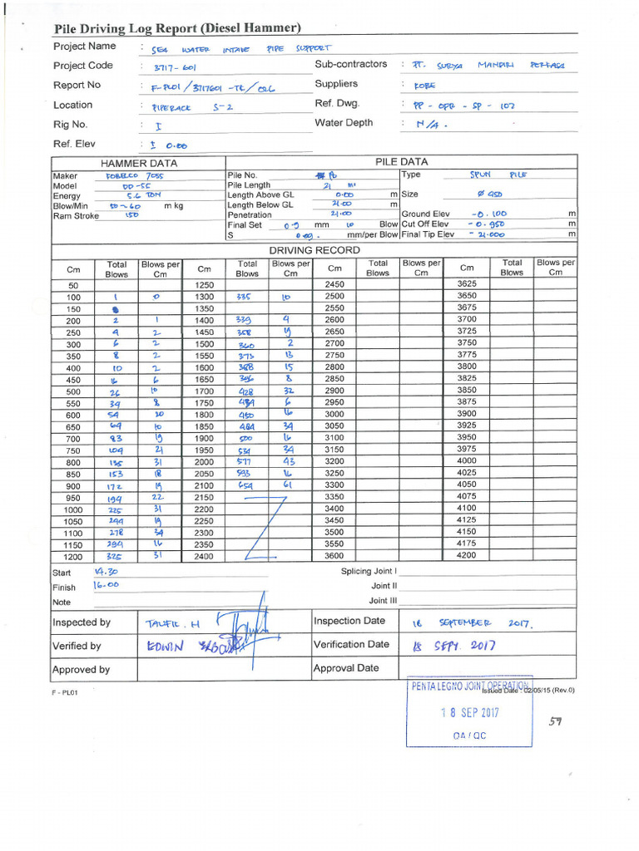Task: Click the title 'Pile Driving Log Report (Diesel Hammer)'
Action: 177,28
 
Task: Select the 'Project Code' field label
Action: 82,66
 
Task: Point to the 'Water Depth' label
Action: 344,123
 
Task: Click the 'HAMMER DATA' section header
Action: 139,164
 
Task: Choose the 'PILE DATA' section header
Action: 401,162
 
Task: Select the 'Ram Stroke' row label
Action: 76,215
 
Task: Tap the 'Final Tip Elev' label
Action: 428,234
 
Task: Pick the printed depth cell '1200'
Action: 73,557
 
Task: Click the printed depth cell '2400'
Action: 204,557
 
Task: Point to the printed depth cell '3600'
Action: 334,556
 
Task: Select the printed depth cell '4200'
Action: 467,555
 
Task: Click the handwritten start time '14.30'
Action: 106,572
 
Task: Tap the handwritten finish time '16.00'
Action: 106,586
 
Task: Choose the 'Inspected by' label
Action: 82,622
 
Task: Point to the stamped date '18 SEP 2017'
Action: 470,713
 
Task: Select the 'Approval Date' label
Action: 346,668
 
